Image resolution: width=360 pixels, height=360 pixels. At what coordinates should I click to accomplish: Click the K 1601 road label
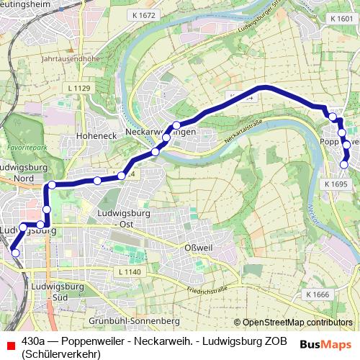tap(339, 18)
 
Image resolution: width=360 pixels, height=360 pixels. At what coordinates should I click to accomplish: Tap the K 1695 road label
tap(336, 184)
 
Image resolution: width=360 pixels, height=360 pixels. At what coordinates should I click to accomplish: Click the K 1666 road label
tap(317, 294)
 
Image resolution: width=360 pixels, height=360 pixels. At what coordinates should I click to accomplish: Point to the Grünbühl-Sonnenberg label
tap(132, 320)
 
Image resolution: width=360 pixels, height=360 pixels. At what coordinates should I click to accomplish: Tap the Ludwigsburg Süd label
tap(55, 292)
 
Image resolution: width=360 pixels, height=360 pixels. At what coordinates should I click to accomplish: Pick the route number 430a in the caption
tap(35, 340)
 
